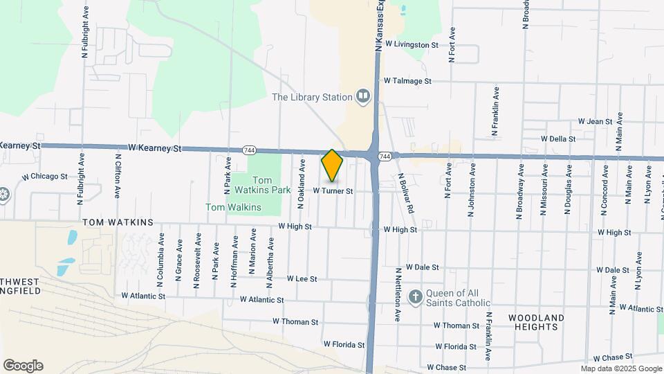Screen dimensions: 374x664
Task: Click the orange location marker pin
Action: [333, 165]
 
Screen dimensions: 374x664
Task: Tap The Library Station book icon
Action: [362, 97]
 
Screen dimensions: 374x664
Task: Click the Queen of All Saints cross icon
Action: [415, 297]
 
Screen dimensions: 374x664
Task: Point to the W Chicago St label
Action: [45, 177]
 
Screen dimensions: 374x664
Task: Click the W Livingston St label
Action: [412, 44]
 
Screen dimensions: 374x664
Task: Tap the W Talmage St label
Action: [407, 81]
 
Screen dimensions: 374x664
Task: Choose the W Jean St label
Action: [596, 121]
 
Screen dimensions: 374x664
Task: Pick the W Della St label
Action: [558, 139]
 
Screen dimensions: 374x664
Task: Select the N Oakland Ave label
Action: [302, 184]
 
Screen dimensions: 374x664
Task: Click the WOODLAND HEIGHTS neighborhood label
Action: [537, 322]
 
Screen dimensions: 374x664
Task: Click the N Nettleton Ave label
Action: [398, 295]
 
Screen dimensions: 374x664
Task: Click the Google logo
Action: [23, 366]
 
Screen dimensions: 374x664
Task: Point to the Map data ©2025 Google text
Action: [621, 368]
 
